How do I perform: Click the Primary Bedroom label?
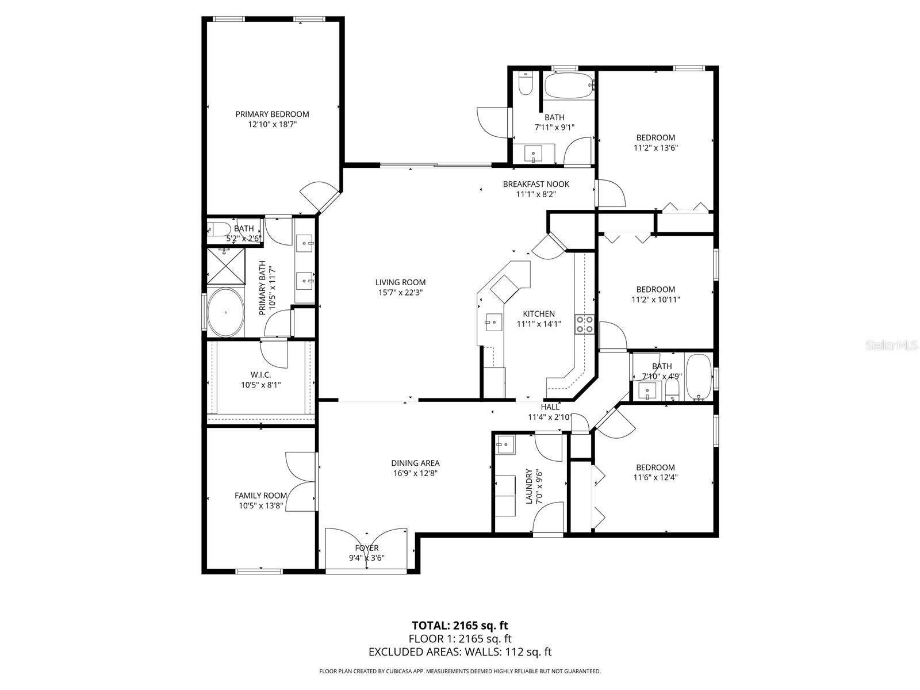coord(272,114)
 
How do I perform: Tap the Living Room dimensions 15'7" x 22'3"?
coord(400,292)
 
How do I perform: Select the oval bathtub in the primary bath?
coord(225,313)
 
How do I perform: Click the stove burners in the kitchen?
coord(585,324)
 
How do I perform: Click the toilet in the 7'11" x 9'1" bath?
coord(526,83)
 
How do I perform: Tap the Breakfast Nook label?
coord(536,184)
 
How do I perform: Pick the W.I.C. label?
coord(260,375)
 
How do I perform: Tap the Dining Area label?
coord(415,463)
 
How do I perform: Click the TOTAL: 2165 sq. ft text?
coord(459,625)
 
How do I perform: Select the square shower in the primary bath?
coord(226,266)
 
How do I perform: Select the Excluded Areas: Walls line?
coord(459,651)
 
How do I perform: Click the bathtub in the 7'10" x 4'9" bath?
coord(699,377)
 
